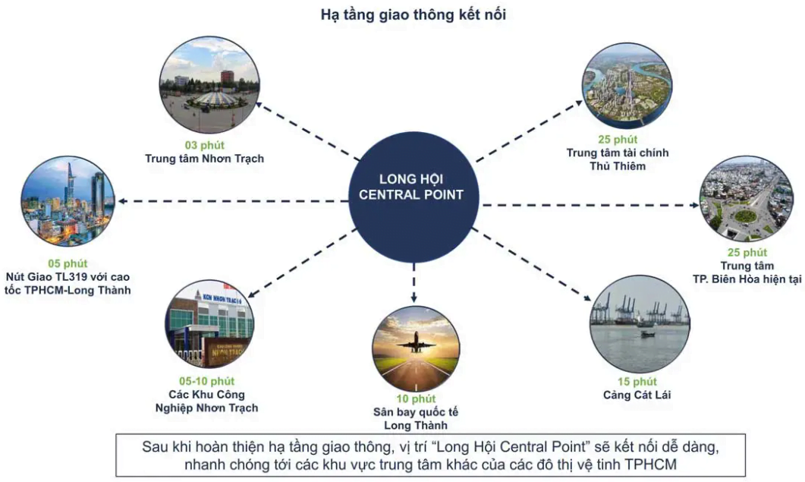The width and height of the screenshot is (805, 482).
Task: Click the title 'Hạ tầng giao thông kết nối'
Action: click(414, 15)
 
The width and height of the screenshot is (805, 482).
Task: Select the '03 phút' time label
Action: click(204, 146)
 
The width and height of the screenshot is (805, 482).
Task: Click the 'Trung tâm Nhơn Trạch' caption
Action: click(204, 159)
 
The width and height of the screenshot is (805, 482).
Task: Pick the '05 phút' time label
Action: click(68, 263)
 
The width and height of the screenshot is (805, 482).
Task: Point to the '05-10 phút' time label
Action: click(207, 381)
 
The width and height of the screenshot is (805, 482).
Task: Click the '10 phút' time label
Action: click(416, 399)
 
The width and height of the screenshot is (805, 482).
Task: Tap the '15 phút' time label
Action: click(637, 382)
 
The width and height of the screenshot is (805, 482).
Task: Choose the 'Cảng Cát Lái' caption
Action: click(637, 395)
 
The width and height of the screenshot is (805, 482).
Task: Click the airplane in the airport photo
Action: click(415, 342)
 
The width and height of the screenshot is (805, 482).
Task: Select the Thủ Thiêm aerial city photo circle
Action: click(627, 85)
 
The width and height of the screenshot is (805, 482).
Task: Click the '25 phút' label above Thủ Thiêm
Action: click(618, 140)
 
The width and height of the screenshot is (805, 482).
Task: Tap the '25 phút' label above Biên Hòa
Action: click(747, 253)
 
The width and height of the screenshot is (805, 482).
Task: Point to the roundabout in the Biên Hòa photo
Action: click(746, 216)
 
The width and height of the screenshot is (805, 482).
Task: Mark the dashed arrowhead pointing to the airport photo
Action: click(414, 298)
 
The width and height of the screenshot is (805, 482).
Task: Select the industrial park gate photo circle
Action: click(209, 323)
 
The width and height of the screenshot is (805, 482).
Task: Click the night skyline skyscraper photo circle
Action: click(68, 202)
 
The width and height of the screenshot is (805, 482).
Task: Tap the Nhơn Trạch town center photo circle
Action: click(209, 85)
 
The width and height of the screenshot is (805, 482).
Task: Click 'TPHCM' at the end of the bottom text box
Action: click(651, 465)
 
